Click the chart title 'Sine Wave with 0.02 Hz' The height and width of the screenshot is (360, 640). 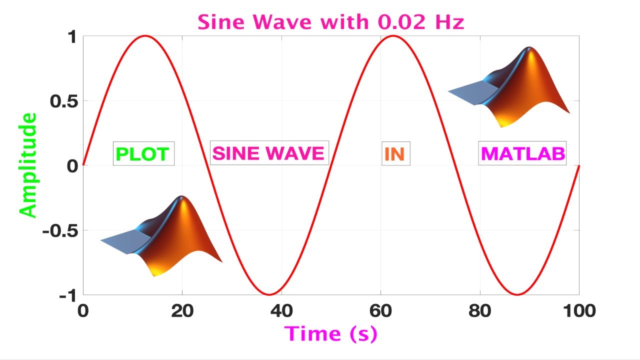pyautogui.click(x=330, y=22)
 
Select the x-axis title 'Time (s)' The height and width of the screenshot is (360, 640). pyautogui.click(x=330, y=333)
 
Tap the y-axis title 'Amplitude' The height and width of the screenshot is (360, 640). pyautogui.click(x=29, y=165)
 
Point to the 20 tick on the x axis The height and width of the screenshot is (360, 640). pyautogui.click(x=182, y=310)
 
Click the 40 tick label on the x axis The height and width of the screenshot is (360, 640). pyautogui.click(x=281, y=310)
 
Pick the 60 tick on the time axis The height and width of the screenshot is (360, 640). pyautogui.click(x=380, y=310)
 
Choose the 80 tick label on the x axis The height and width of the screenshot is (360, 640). pyautogui.click(x=480, y=310)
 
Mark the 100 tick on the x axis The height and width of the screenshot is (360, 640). pyautogui.click(x=578, y=310)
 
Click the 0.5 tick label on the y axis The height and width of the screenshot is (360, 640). pyautogui.click(x=63, y=101)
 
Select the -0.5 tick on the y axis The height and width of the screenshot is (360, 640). pyautogui.click(x=60, y=231)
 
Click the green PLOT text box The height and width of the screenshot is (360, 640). pyautogui.click(x=143, y=154)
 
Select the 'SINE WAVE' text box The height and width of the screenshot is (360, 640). pyautogui.click(x=269, y=153)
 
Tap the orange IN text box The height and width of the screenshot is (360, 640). pyautogui.click(x=394, y=154)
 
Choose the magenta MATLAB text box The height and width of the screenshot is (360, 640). pyautogui.click(x=522, y=153)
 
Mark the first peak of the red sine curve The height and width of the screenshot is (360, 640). pyautogui.click(x=145, y=35)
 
